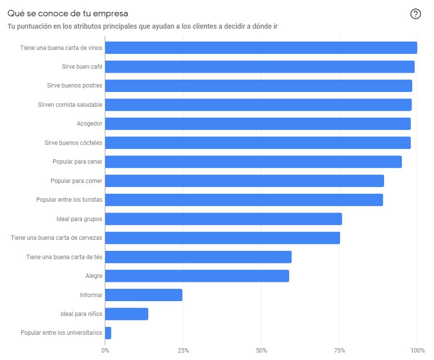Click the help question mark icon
[416, 14]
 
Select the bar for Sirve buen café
[260, 67]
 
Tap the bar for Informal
[143, 295]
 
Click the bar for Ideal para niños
[127, 314]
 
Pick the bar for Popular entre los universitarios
[108, 333]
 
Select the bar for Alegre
[197, 276]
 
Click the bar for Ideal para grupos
[223, 219]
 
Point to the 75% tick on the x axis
[339, 351]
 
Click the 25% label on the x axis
[183, 351]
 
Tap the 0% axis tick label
[105, 351]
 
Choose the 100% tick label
[417, 351]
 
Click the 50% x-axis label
[261, 351]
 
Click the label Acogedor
[89, 124]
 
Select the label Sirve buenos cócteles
[73, 143]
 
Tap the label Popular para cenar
[77, 162]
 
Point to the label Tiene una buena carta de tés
[64, 257]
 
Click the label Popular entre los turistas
[69, 200]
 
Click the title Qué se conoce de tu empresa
[68, 13]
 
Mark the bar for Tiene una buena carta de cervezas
[222, 238]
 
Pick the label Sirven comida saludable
[70, 105]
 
